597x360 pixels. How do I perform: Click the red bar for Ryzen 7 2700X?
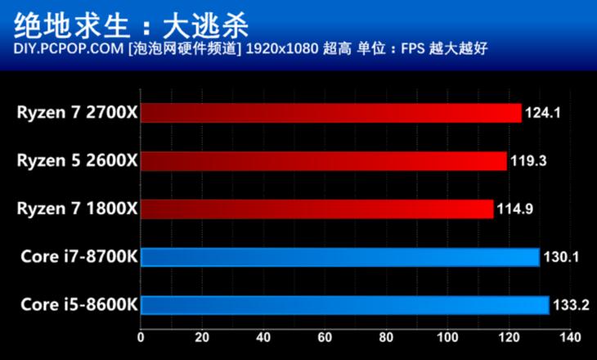[331, 113]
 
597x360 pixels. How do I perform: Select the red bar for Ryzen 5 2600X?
[324, 161]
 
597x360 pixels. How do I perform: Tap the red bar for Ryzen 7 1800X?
[317, 209]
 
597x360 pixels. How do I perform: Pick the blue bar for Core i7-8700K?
[340, 258]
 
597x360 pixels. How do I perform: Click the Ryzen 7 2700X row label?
[77, 113]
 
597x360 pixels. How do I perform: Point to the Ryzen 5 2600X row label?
[77, 161]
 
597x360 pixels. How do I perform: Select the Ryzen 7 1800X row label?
[77, 209]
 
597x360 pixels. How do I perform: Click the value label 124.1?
[541, 113]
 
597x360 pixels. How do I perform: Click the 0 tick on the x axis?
[141, 337]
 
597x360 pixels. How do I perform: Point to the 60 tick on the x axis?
[325, 337]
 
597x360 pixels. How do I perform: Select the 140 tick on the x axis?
[569, 337]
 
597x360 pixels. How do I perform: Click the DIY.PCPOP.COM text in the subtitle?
[69, 49]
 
